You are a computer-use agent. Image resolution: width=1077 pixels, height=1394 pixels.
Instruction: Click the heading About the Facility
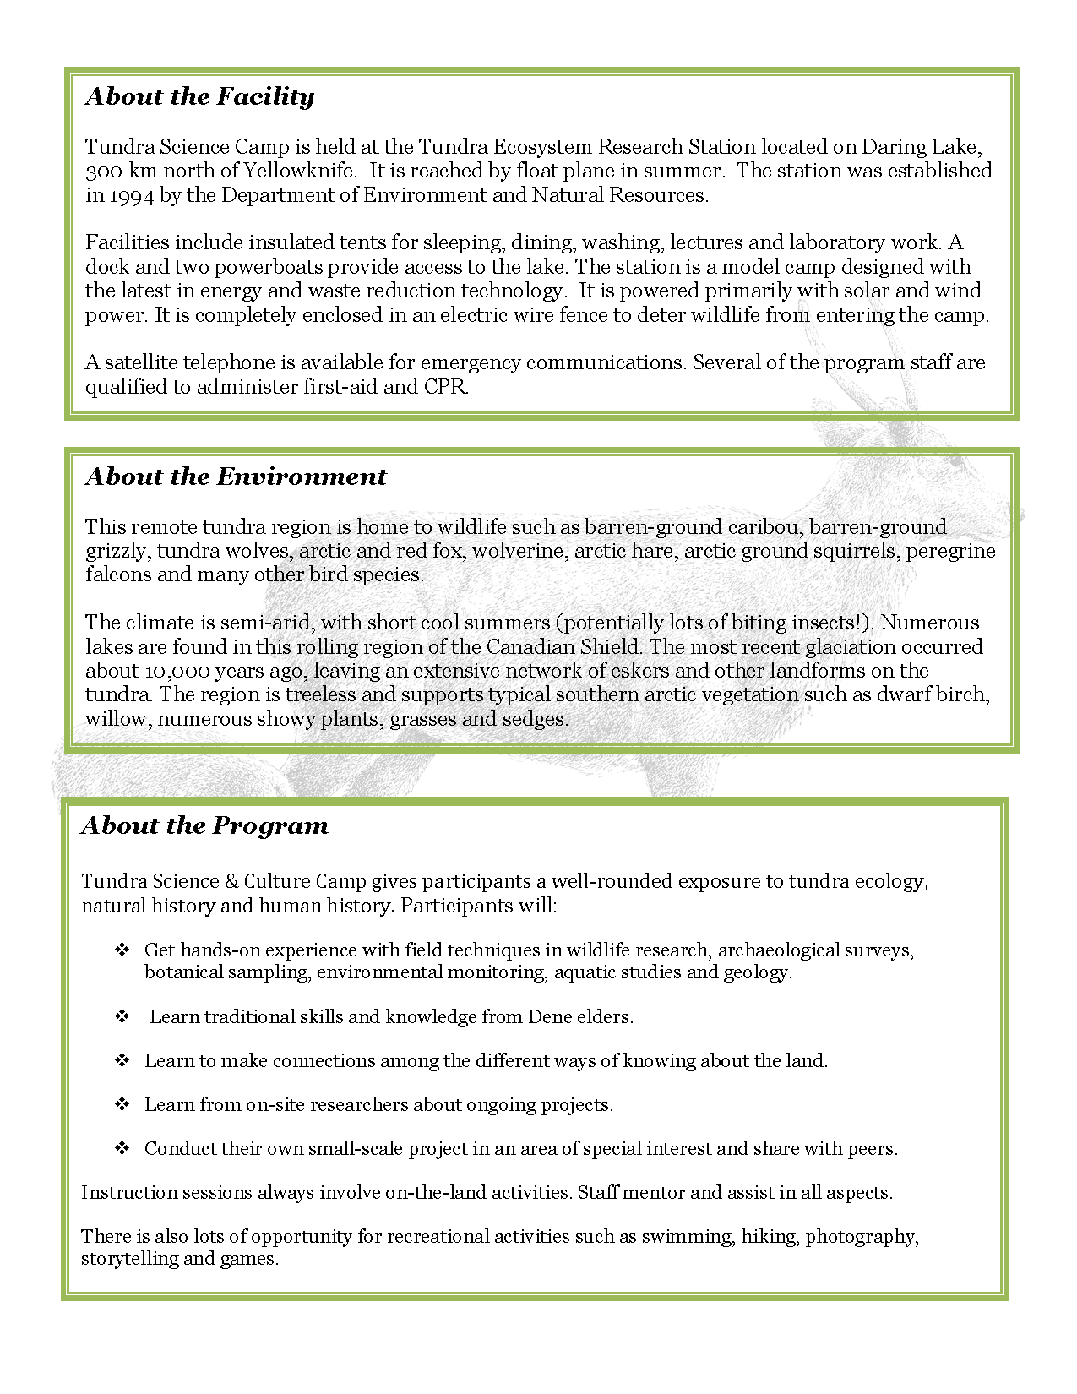coord(199,97)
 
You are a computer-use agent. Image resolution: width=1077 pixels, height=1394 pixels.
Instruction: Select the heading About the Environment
coord(236,477)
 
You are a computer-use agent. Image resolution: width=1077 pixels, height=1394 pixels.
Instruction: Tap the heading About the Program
coord(204,826)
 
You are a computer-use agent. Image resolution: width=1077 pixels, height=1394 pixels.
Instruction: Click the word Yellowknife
coord(299,171)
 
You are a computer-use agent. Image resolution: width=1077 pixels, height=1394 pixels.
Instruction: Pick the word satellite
coord(141,362)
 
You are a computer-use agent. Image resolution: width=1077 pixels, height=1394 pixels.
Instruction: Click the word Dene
coord(550,1017)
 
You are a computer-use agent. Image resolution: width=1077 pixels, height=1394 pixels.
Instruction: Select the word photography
coord(861,1237)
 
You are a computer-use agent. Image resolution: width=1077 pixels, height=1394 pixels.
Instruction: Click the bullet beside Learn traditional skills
coord(122,1016)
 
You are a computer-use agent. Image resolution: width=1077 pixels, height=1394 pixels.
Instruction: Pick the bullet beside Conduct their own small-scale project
coord(122,1148)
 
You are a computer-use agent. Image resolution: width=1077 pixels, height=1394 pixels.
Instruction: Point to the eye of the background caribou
coord(955,462)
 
